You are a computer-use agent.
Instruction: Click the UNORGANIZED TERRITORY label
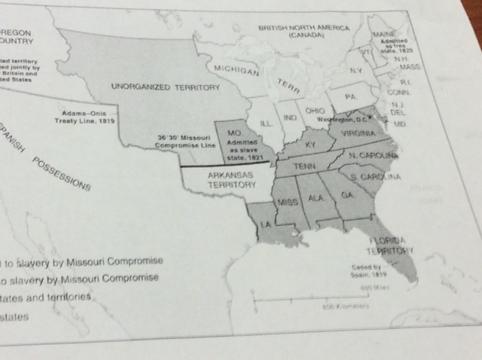tap(165, 87)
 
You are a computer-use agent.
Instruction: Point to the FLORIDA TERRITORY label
tap(389, 245)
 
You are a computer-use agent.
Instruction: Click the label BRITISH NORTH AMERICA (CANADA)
tap(304, 31)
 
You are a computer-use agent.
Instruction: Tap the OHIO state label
tap(314, 109)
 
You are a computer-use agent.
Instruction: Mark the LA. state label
tap(267, 225)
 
